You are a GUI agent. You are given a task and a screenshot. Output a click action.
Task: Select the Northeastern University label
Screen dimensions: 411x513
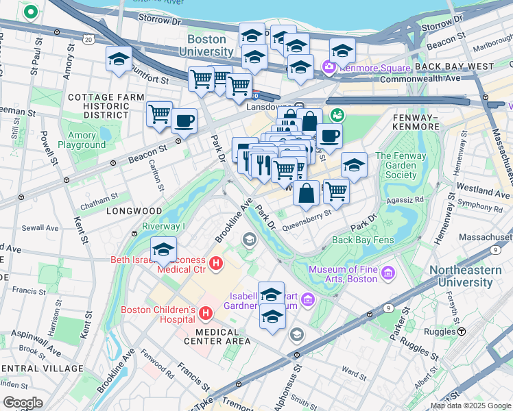[x=470, y=276]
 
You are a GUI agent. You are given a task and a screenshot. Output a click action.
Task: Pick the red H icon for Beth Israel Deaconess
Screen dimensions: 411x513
[x=215, y=263]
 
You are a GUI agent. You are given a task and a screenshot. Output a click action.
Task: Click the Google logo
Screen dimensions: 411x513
[x=23, y=402]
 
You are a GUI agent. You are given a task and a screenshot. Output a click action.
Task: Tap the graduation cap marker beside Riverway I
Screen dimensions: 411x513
[x=164, y=250]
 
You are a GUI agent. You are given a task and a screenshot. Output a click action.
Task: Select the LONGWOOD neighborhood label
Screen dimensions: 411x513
[x=134, y=211]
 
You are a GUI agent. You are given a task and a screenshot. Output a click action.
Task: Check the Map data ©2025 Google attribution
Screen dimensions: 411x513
[x=470, y=406]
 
